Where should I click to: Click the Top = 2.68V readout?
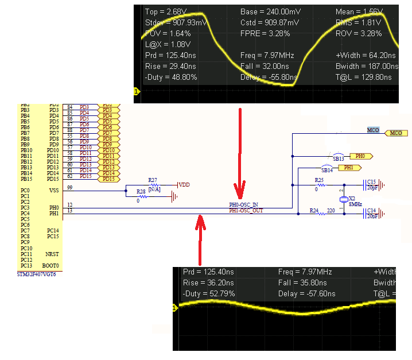[x=166, y=12]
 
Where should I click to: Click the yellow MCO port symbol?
[x=395, y=133]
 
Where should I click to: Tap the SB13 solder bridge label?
[x=338, y=158]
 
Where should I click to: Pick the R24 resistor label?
[x=313, y=211]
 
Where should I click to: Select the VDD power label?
[x=184, y=185]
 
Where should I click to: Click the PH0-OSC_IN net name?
[x=243, y=205]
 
